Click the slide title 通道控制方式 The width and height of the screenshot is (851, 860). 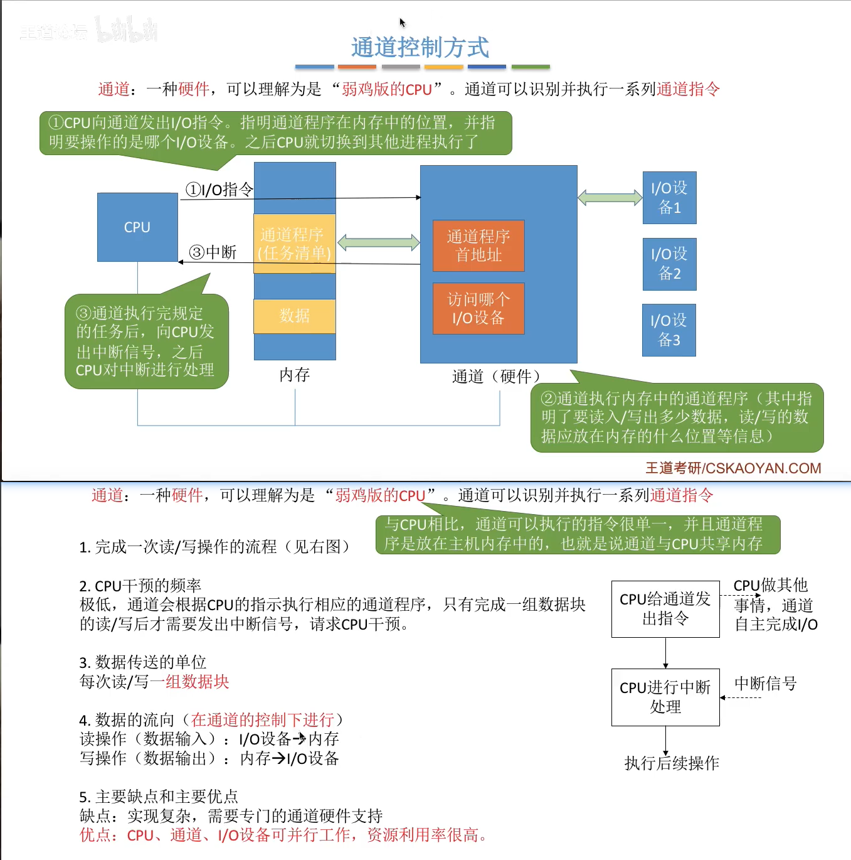[x=420, y=48]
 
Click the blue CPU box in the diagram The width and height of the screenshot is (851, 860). [x=137, y=227]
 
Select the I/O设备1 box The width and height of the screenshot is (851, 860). [x=669, y=198]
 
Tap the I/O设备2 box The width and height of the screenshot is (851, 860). [x=669, y=264]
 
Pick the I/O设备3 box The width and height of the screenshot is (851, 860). [x=669, y=330]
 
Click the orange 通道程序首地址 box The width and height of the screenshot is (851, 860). [x=478, y=245]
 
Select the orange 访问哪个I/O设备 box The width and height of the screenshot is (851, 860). [x=478, y=308]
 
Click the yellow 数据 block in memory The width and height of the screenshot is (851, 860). [x=295, y=316]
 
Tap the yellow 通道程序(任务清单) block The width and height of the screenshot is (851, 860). [x=295, y=244]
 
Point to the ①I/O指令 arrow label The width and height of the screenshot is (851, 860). [x=219, y=189]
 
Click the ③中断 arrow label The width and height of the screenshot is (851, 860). [x=213, y=252]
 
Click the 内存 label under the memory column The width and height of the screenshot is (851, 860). [x=295, y=375]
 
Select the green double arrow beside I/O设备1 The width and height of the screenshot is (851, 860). [x=610, y=198]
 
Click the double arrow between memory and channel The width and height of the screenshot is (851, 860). [x=378, y=242]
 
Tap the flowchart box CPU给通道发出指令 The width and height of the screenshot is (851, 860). [x=665, y=609]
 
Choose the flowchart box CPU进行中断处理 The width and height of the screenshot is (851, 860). [x=665, y=697]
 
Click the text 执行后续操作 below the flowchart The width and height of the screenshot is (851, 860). [x=672, y=763]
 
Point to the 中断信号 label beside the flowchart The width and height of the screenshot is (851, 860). [x=765, y=684]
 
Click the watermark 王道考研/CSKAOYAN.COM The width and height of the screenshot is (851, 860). [x=733, y=468]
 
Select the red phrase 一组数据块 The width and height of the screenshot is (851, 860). [x=189, y=682]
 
